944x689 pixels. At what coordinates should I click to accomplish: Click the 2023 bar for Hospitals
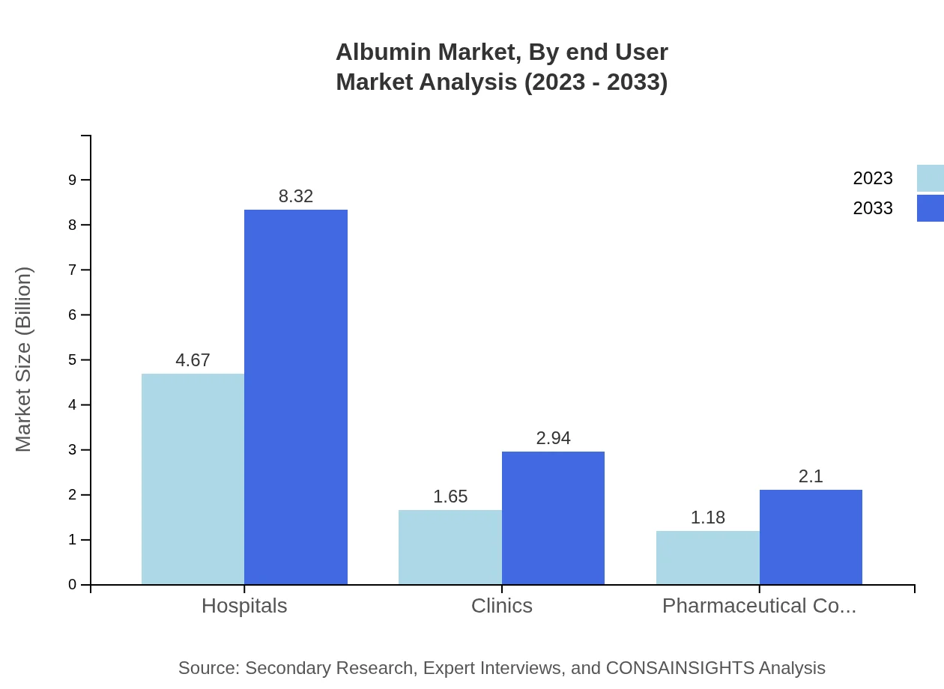point(193,479)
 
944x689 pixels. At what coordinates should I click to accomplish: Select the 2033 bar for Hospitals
point(296,397)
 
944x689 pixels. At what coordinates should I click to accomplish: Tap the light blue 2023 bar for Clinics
point(450,547)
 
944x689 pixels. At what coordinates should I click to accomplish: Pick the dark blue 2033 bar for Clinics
point(553,517)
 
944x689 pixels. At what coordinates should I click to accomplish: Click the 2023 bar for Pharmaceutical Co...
point(707,558)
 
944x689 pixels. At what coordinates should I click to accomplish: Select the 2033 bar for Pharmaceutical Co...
point(811,537)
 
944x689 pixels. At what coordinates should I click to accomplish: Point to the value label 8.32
point(296,196)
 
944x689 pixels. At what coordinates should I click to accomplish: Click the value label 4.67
point(193,360)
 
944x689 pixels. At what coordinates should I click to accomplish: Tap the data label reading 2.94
point(553,438)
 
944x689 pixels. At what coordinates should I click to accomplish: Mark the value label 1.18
point(707,517)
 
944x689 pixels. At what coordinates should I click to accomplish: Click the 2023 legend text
point(873,178)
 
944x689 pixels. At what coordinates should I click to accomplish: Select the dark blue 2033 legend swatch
point(931,208)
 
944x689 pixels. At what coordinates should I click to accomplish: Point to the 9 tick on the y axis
point(73,180)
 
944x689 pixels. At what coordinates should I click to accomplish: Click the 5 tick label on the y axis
point(73,360)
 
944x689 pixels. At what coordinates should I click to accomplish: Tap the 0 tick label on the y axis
point(73,585)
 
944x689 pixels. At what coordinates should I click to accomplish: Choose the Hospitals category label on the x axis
point(244,606)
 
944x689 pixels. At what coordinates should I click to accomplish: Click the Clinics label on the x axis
point(501,606)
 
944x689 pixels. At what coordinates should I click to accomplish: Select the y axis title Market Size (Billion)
point(23,359)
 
